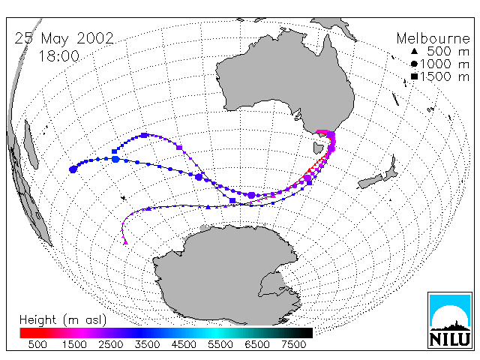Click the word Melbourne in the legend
[x=433, y=38]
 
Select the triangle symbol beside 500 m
[x=414, y=51]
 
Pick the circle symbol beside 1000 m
[x=414, y=64]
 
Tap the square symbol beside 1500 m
[x=414, y=76]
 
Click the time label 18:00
[x=58, y=56]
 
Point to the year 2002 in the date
[x=95, y=38]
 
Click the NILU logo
[x=450, y=320]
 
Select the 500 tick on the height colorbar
[x=37, y=345]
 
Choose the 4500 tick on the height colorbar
[x=184, y=345]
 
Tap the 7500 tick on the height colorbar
[x=293, y=345]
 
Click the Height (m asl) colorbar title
[x=63, y=320]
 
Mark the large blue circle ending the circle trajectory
[x=73, y=169]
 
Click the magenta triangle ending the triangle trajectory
[x=125, y=243]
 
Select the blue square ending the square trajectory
[x=115, y=151]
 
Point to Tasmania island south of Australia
[x=318, y=148]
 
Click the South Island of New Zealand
[x=370, y=181]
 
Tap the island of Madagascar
[x=31, y=144]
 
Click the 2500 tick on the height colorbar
[x=111, y=345]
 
